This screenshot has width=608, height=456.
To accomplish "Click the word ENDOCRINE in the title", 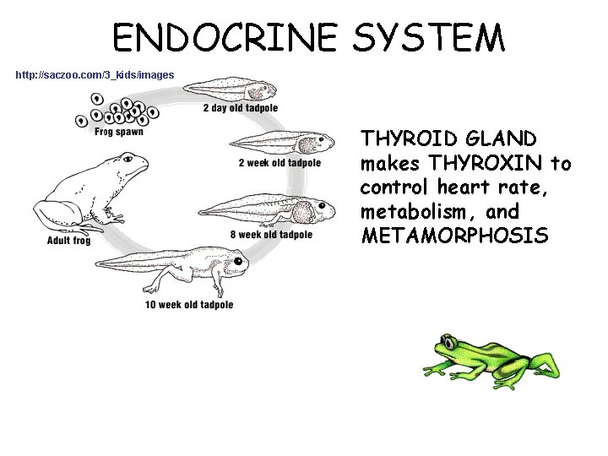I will click(225, 38).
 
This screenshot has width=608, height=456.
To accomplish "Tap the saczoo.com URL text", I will click(95, 75).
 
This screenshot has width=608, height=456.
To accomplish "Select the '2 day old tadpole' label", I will click(240, 108).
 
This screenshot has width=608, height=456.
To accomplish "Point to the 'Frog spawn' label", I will click(118, 132).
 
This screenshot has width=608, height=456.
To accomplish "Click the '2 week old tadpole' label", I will click(280, 163).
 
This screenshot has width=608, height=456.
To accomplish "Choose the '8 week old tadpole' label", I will click(271, 235).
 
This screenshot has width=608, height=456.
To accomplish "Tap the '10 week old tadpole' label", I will click(188, 305).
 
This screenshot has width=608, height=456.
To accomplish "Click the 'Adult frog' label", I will click(68, 241).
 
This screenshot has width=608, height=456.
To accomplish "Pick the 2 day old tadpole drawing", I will click(232, 88).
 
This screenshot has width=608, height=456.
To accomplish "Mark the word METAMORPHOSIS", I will click(455, 236).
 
